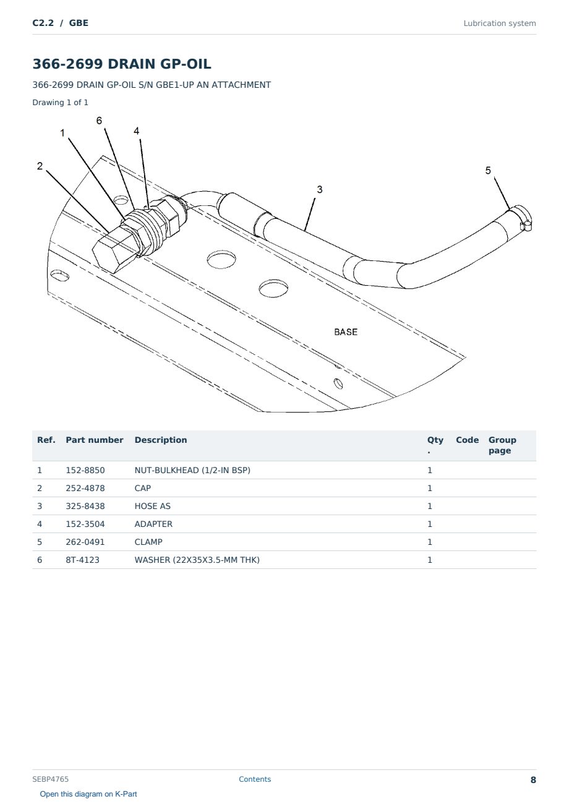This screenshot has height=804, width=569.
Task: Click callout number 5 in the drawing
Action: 488,171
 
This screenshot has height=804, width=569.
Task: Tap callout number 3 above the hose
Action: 320,189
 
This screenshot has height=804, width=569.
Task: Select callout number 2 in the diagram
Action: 40,166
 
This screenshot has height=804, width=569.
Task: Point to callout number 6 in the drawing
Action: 99,121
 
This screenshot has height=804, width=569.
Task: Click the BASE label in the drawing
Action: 346,332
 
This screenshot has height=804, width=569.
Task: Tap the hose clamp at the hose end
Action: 523,218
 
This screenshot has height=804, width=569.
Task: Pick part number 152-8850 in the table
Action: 85,470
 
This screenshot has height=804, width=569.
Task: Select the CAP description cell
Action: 142,488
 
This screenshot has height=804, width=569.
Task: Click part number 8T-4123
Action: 83,560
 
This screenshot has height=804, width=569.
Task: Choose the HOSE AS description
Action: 153,506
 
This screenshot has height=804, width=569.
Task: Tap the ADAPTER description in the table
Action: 153,524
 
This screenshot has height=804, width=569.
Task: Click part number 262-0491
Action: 85,542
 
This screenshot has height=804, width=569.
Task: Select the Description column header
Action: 161,440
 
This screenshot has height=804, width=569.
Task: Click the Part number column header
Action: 95,440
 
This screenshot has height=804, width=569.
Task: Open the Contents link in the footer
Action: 255,779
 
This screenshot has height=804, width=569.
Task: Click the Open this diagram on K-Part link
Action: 88,794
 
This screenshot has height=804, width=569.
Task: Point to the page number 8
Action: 533,780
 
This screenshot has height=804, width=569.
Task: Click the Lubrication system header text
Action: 500,24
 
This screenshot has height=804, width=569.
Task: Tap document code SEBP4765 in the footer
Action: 50,779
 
